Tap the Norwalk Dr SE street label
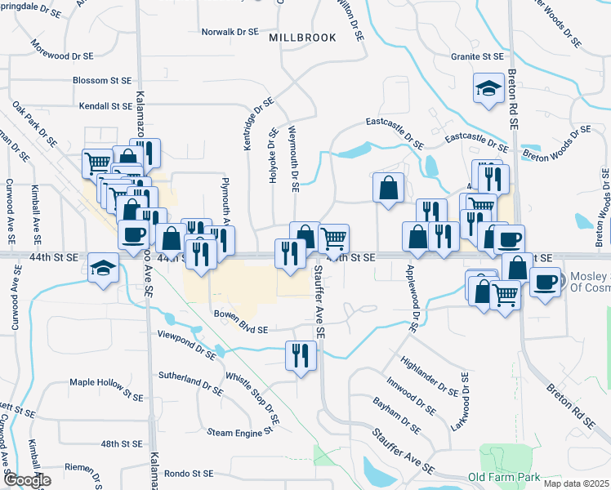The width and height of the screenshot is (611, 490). click(x=230, y=32)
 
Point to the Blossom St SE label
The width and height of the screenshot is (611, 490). click(x=102, y=81)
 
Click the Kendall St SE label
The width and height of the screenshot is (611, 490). click(x=105, y=106)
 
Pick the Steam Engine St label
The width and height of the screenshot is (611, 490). click(x=239, y=431)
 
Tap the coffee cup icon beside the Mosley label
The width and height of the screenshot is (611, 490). click(x=545, y=282)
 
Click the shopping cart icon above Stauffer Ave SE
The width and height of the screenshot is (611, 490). click(x=333, y=238)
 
